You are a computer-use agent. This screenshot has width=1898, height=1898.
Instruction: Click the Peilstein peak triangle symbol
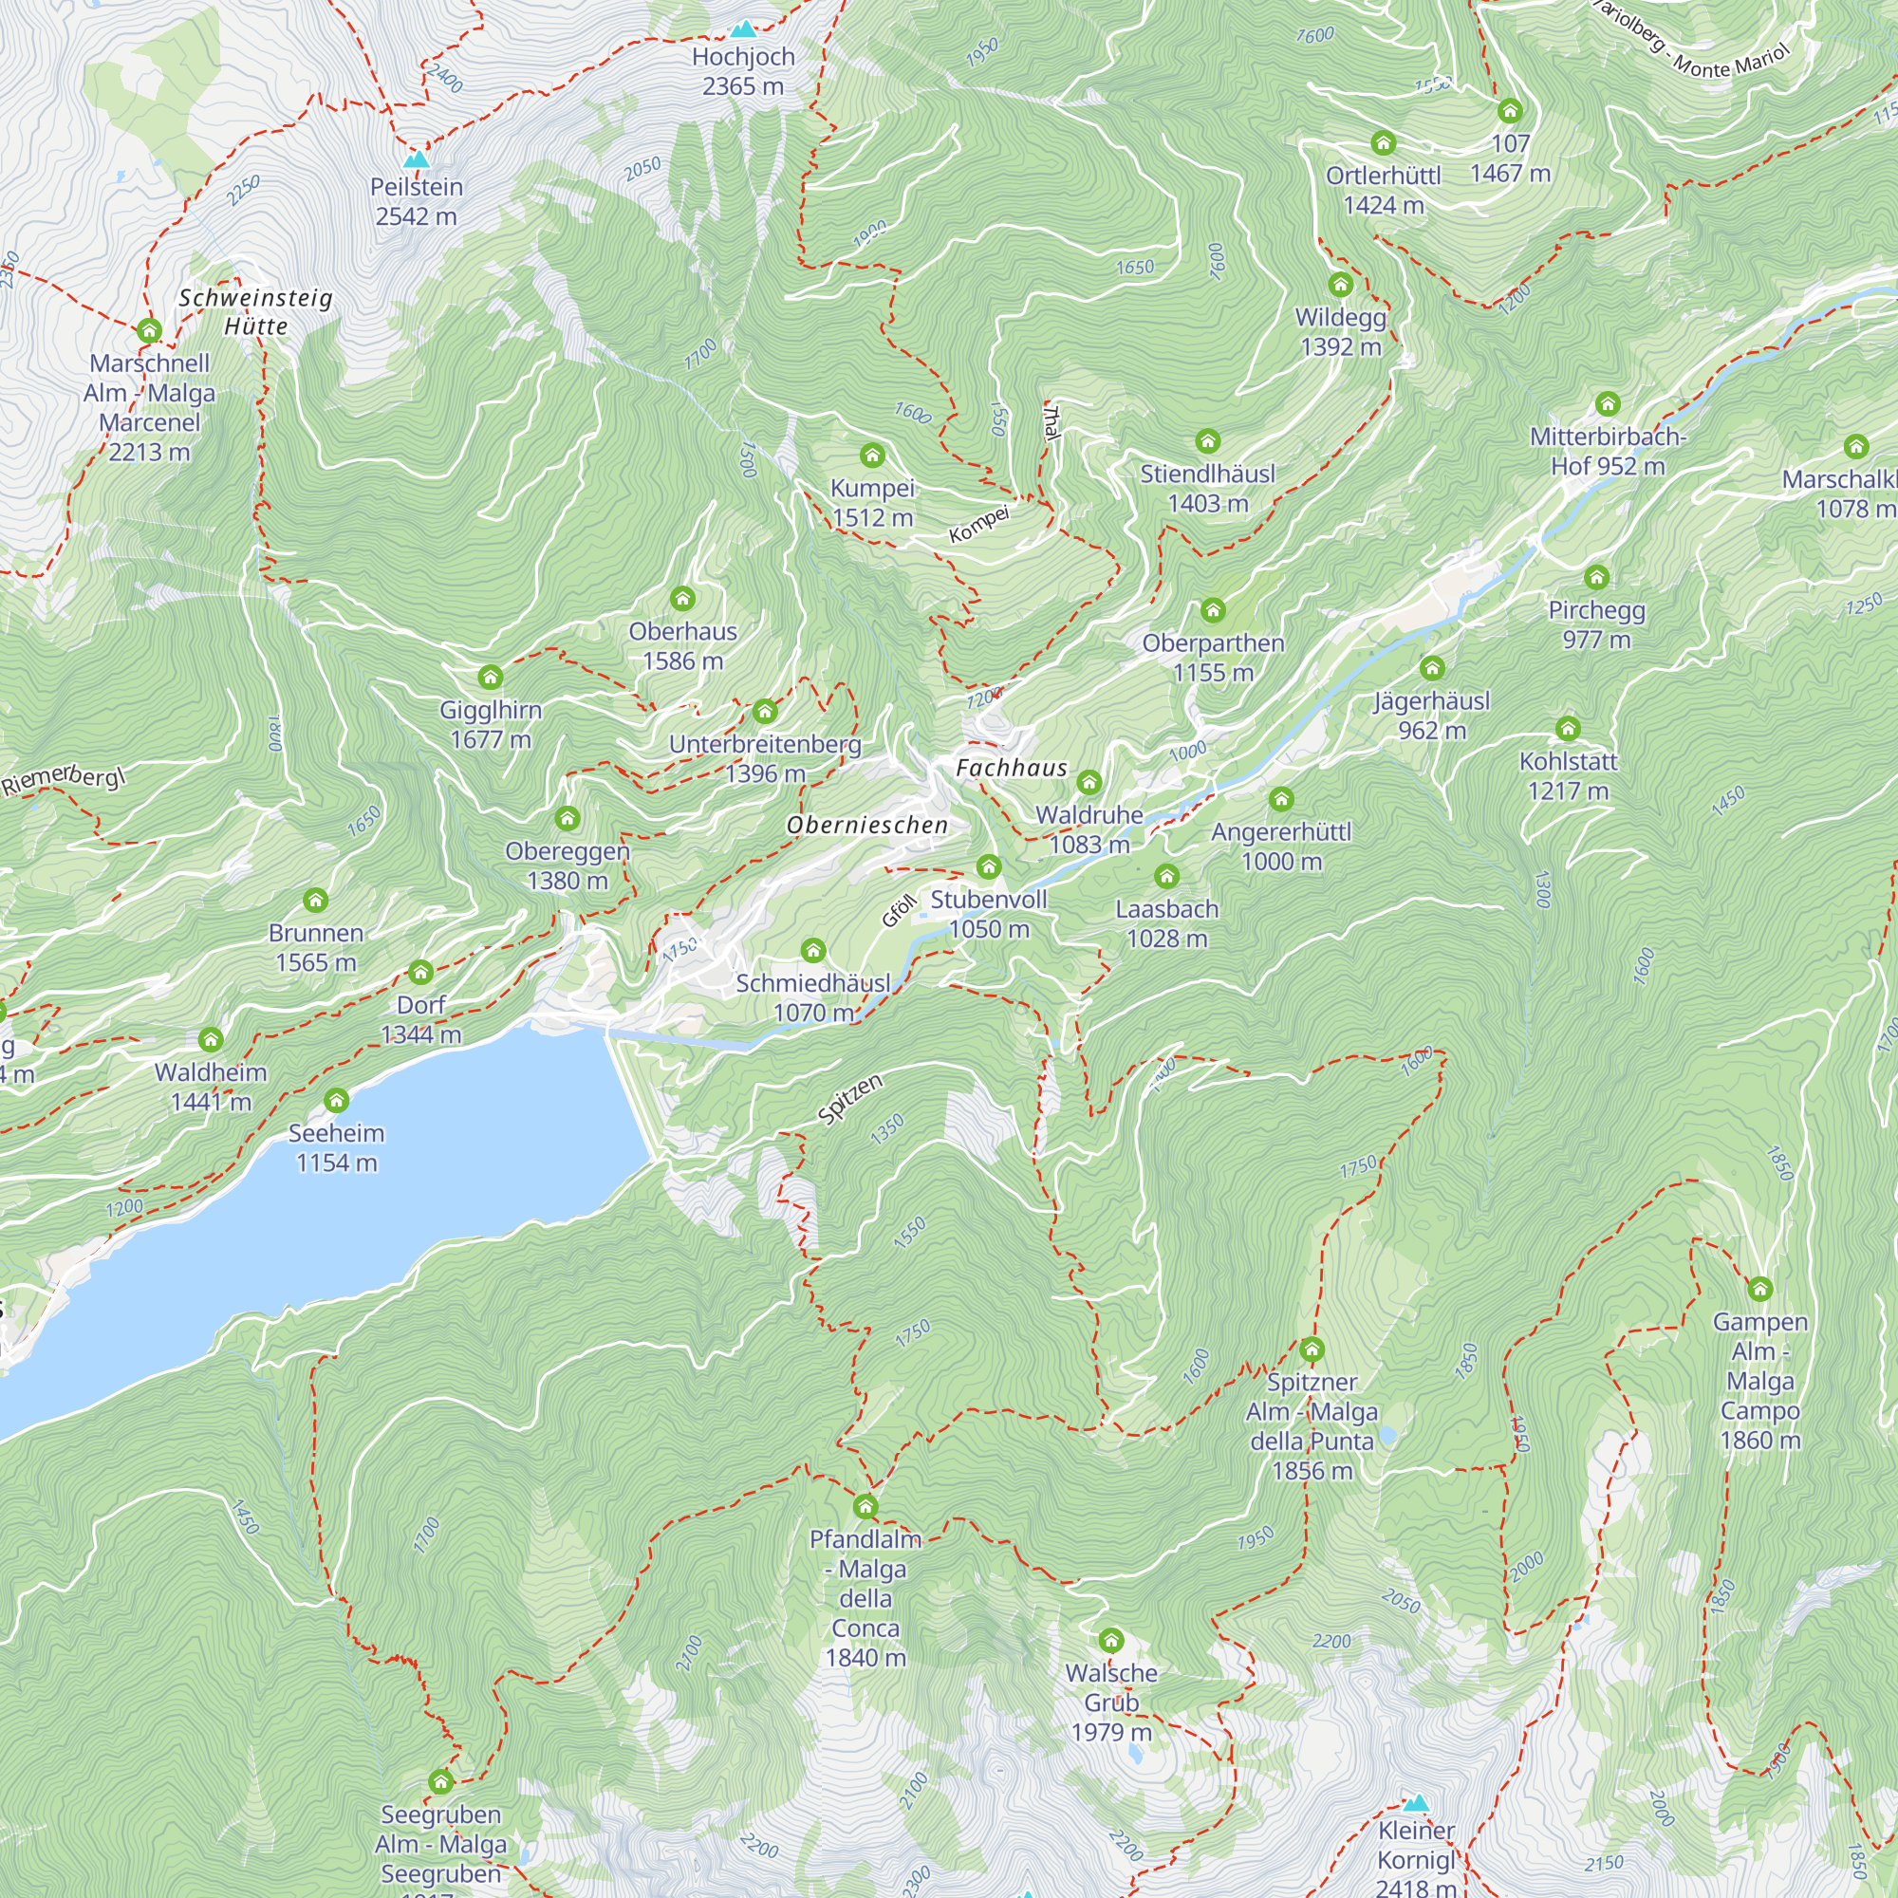click(x=417, y=159)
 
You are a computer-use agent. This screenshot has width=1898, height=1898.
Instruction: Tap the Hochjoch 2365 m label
click(x=743, y=72)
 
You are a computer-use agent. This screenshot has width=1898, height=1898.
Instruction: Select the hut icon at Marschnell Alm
click(x=149, y=330)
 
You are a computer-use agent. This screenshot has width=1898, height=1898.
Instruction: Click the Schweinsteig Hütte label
click(x=255, y=311)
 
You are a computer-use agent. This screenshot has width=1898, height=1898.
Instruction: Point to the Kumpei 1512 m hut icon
click(x=872, y=455)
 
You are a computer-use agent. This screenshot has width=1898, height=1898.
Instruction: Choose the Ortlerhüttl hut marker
click(x=1384, y=143)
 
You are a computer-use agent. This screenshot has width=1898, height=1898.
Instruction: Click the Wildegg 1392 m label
click(x=1340, y=332)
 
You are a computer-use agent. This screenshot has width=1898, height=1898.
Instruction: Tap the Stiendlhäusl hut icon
click(x=1207, y=441)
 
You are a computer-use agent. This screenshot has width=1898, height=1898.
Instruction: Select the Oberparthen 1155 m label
click(x=1213, y=658)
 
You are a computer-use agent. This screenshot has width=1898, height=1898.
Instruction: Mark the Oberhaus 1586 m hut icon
click(x=682, y=598)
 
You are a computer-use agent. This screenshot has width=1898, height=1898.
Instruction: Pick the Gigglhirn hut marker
click(x=491, y=677)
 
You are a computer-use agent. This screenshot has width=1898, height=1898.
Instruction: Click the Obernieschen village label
click(x=867, y=826)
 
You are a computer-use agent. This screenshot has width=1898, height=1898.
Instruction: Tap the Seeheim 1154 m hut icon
click(x=336, y=1100)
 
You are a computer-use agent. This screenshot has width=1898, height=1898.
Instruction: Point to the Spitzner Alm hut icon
click(x=1312, y=1349)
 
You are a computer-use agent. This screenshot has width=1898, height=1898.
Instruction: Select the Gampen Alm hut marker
click(x=1759, y=1288)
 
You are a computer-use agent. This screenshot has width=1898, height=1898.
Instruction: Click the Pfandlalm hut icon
click(x=865, y=1507)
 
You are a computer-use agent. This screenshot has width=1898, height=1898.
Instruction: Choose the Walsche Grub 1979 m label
click(x=1111, y=1702)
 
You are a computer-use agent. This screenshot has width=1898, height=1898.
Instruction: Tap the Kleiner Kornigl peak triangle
click(x=1416, y=1803)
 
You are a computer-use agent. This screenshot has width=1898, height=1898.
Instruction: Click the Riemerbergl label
click(x=64, y=779)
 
